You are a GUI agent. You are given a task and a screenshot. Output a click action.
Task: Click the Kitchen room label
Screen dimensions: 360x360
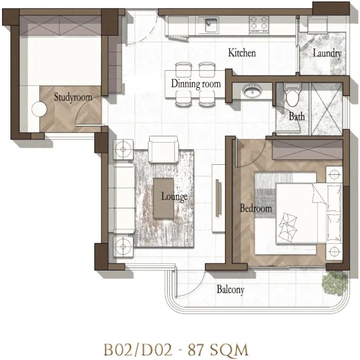242,53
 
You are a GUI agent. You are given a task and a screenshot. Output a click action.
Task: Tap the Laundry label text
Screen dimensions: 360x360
327,53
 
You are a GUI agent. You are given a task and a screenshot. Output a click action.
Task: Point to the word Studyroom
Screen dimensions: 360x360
73,97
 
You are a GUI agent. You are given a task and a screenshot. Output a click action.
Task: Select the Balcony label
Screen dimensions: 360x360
230,289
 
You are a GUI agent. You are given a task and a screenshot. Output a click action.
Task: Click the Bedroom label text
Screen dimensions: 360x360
256,208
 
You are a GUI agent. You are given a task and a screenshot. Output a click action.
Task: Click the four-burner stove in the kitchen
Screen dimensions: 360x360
259,24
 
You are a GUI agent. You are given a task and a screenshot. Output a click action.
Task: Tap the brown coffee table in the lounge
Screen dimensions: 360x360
163,198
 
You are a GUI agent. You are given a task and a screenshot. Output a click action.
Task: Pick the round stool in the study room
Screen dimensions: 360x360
39,109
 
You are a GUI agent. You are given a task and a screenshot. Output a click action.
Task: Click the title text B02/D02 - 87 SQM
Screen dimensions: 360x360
176,350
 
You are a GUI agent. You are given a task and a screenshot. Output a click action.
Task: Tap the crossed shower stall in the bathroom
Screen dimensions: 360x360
326,109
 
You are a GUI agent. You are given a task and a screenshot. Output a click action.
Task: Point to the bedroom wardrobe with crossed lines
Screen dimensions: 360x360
307,149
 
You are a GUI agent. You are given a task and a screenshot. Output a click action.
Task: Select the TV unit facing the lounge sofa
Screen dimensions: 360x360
218,198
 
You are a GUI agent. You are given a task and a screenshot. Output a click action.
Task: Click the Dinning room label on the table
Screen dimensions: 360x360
196,84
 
